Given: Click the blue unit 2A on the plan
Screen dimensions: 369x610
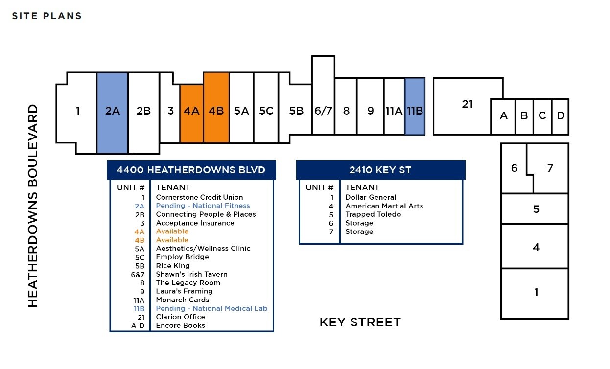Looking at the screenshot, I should coord(112,113).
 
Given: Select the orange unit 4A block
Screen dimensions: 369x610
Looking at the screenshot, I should coord(191,114).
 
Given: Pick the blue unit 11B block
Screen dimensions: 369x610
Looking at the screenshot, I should coord(415,106).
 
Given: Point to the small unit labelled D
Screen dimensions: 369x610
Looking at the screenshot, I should coord(561,116).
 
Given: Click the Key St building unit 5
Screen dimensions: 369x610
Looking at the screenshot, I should coord(535,209).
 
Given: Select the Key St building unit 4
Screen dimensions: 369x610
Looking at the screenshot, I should coord(535,247).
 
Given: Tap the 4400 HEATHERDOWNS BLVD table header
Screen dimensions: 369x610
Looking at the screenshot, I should coord(191,170).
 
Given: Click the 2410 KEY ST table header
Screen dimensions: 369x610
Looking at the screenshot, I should coord(380,170).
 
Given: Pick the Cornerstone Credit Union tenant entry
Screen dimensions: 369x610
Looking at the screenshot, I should coord(199,197).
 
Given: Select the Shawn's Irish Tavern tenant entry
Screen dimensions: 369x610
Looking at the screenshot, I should coord(191,274).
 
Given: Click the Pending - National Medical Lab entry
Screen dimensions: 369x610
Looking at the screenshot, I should coord(211,308).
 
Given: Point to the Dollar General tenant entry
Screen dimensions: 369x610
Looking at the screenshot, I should coord(371,197).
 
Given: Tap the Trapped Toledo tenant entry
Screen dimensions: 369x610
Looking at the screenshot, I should coord(373,214).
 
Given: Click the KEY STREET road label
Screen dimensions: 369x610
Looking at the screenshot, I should coord(360,322).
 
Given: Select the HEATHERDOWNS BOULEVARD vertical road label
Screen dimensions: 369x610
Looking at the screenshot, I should coord(33,206).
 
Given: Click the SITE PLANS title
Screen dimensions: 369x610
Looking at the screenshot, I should coord(47,16).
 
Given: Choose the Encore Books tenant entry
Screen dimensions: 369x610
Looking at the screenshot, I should coord(180,325).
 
